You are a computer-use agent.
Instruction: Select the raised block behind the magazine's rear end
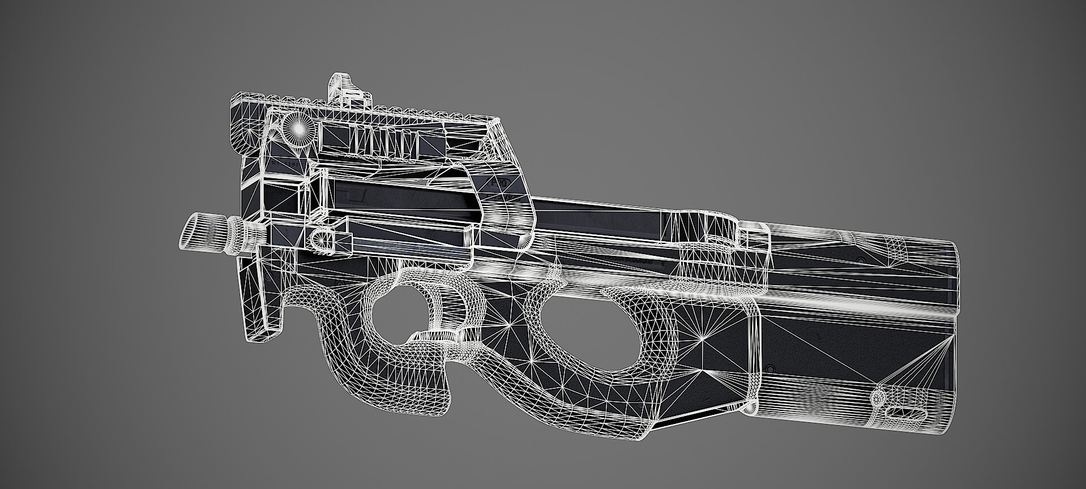pyautogui.click(x=756, y=238)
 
